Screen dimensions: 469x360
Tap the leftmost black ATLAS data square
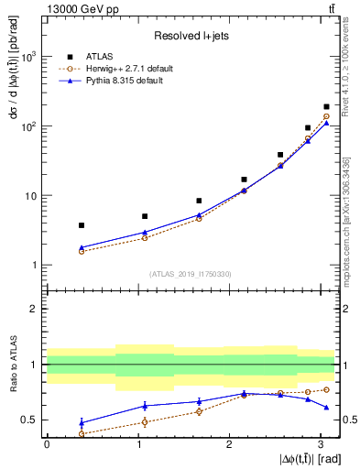(82, 225)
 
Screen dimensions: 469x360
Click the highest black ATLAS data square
(326, 107)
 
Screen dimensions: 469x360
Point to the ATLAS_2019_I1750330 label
(190, 274)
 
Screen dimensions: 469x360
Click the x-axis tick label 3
(321, 444)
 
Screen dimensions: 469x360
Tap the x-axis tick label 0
(47, 444)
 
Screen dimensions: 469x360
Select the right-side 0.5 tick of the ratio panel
(347, 420)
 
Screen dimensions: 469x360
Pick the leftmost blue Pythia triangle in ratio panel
(82, 422)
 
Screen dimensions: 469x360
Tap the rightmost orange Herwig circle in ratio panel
(326, 389)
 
